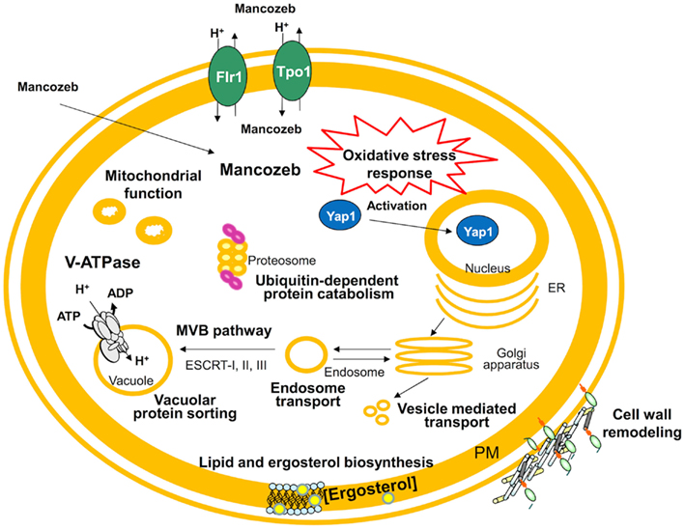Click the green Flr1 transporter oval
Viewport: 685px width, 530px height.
[228, 77]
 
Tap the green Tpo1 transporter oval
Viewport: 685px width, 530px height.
[293, 71]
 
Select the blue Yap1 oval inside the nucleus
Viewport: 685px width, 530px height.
[477, 232]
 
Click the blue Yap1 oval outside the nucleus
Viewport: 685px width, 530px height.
[340, 215]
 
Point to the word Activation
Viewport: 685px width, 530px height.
[397, 206]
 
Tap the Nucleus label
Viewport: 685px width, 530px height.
[488, 267]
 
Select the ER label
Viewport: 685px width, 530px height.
[557, 288]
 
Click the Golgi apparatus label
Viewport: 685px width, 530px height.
[511, 358]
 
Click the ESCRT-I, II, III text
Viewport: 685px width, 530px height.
[226, 365]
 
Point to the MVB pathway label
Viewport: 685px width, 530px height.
[224, 330]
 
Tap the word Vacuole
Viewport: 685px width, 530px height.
[131, 380]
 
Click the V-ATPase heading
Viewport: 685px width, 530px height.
[102, 262]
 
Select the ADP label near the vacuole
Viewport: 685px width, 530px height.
[121, 293]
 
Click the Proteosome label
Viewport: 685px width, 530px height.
[282, 261]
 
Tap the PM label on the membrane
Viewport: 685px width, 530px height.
[487, 453]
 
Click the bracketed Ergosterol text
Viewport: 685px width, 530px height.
[370, 490]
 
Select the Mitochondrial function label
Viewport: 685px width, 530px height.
[154, 184]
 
